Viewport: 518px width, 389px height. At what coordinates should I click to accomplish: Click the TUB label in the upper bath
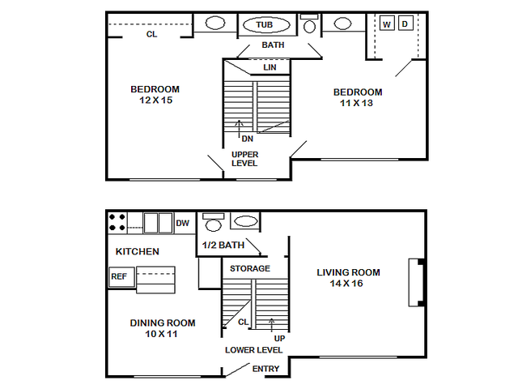265,25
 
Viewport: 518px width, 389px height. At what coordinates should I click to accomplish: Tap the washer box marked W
387,24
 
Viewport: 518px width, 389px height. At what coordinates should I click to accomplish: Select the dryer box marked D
405,24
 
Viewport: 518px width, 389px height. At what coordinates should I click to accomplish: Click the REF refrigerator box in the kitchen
122,276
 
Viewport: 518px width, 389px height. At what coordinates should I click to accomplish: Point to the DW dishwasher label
182,224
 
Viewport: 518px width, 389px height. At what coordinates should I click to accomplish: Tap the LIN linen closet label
270,67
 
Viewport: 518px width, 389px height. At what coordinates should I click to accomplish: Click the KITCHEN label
137,252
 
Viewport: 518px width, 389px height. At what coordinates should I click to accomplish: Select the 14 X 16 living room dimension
346,284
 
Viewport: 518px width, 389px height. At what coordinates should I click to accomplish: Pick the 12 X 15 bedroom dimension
156,100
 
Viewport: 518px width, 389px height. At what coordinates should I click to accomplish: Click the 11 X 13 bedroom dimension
356,103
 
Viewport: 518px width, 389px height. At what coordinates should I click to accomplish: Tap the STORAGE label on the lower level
250,268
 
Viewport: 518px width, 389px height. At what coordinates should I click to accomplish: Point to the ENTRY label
266,369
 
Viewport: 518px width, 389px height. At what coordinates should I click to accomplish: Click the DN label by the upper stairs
248,139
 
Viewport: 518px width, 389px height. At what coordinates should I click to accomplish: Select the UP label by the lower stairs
279,339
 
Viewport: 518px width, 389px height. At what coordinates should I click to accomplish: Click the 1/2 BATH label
223,245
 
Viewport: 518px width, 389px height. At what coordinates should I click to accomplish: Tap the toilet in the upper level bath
309,24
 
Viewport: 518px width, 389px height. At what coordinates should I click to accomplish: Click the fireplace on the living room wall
417,283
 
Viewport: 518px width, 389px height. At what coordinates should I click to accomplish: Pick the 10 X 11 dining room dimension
161,334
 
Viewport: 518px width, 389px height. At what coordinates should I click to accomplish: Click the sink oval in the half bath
245,221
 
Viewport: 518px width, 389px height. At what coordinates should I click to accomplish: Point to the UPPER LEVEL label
244,159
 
